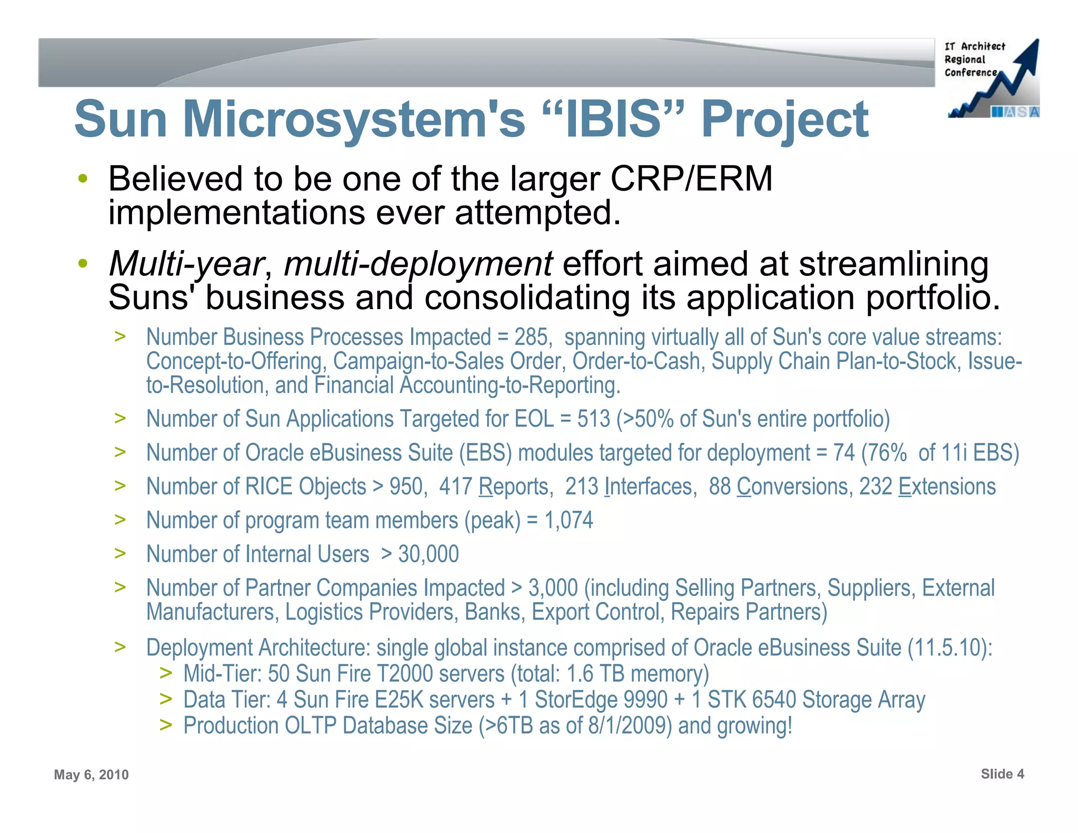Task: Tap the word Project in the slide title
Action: [x=784, y=120]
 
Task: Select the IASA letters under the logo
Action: [x=1015, y=112]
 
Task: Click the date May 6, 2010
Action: [x=91, y=775]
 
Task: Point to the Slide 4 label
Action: [x=1002, y=774]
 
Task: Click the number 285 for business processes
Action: [x=532, y=338]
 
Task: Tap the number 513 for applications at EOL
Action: [x=593, y=419]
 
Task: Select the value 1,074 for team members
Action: [x=568, y=520]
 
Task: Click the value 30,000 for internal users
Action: [x=428, y=554]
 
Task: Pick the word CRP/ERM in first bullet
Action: [x=691, y=179]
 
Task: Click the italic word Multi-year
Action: [x=186, y=264]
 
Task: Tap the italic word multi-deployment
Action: [x=418, y=264]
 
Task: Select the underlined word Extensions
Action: [x=946, y=487]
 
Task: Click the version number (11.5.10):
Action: [x=950, y=648]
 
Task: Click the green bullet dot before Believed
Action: [x=82, y=179]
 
